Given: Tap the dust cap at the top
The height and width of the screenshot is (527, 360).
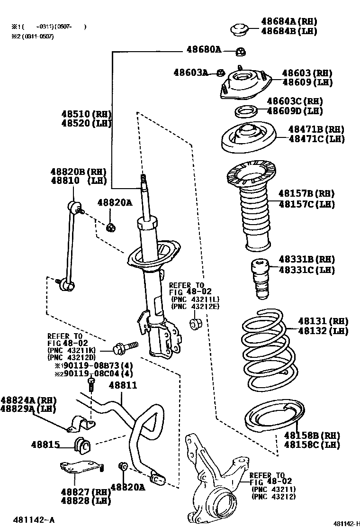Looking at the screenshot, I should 241,29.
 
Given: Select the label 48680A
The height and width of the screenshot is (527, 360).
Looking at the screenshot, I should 204,49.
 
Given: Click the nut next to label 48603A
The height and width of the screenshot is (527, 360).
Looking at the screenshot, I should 220,73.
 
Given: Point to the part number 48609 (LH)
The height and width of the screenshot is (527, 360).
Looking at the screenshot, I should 307,82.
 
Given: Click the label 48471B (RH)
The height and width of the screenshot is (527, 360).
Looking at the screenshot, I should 316,129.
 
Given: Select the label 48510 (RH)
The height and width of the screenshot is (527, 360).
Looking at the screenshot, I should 86,114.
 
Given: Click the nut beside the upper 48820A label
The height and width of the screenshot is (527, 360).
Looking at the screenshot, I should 111,227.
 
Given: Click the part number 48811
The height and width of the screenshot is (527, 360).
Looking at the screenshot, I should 123,385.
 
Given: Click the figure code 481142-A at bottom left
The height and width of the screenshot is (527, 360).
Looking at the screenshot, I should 34,520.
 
